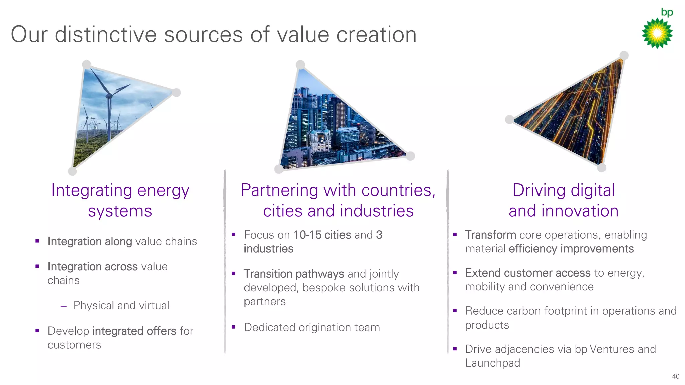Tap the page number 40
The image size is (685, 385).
tap(675, 376)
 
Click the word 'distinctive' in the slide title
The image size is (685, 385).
tap(105, 34)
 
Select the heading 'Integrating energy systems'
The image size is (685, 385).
tap(120, 201)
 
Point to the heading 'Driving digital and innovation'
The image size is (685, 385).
tap(564, 201)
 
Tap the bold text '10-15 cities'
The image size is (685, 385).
tap(322, 235)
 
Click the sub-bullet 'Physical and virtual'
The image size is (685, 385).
tap(121, 305)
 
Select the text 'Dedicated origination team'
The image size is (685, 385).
tap(312, 327)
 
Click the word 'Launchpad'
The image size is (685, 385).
tap(492, 363)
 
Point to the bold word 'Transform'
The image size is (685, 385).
tap(490, 235)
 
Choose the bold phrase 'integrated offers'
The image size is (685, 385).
tap(134, 331)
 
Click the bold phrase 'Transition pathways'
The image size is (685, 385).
tap(294, 274)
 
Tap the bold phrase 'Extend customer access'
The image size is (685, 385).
tap(527, 273)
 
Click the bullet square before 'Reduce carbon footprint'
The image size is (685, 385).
tap(455, 311)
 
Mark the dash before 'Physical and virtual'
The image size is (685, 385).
tap(64, 306)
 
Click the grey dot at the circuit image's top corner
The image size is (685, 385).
tap(624, 55)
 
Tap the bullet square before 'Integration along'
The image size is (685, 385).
tap(37, 241)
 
